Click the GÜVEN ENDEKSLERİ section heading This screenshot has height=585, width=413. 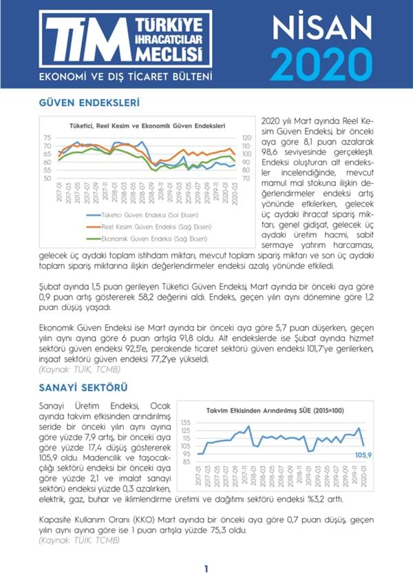(89, 103)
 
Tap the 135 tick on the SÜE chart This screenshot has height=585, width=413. (185, 422)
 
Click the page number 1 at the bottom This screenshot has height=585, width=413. (206, 569)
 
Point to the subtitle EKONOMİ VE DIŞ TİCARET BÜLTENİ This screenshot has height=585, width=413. (125, 76)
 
